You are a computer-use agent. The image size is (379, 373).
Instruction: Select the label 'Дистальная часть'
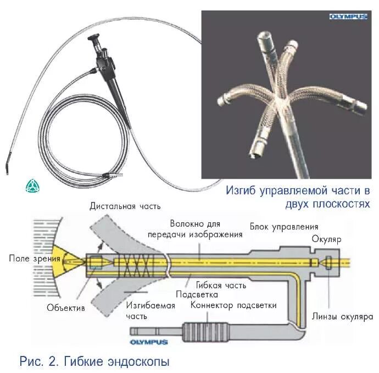click(x=125, y=206)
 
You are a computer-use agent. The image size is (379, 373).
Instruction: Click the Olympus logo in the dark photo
click(x=349, y=17)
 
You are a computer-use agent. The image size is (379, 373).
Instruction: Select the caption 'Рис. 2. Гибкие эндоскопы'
click(x=94, y=361)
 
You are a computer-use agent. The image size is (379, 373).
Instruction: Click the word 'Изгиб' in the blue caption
click(x=242, y=190)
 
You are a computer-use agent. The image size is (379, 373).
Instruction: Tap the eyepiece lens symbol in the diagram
click(x=328, y=262)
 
